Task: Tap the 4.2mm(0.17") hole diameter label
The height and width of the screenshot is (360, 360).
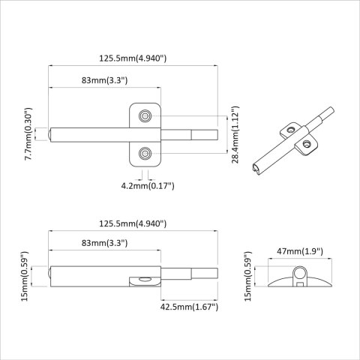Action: tap(148, 185)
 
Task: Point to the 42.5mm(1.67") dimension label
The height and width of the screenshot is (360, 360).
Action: tap(187, 307)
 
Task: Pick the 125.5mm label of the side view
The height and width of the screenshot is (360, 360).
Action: tap(133, 224)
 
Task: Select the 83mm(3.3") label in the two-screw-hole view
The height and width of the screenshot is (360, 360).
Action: tap(105, 79)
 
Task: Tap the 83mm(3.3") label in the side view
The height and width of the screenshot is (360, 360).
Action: tap(105, 243)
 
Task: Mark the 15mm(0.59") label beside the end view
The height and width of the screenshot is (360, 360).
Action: tap(250, 277)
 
